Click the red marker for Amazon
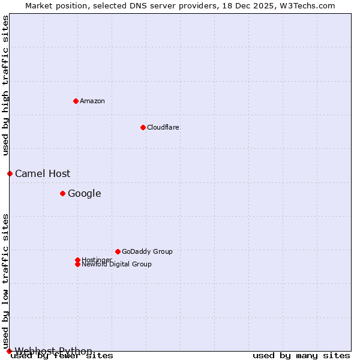[x=76, y=101]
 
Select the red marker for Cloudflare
[x=143, y=127]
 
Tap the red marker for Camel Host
[x=10, y=173]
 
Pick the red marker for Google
[x=62, y=193]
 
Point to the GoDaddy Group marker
[x=118, y=251]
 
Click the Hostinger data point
[x=77, y=260]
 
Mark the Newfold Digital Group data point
[x=77, y=264]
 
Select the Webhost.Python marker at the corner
[x=9, y=351]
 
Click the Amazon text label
[x=92, y=101]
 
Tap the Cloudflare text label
[x=163, y=127]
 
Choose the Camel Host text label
[x=43, y=173]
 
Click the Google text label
[x=85, y=193]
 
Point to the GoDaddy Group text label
[x=147, y=251]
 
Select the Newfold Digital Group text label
[x=117, y=265]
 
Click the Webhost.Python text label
[x=53, y=351]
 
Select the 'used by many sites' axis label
[x=301, y=356]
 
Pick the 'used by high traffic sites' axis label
[x=5, y=85]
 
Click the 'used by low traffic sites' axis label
[x=5, y=281]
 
